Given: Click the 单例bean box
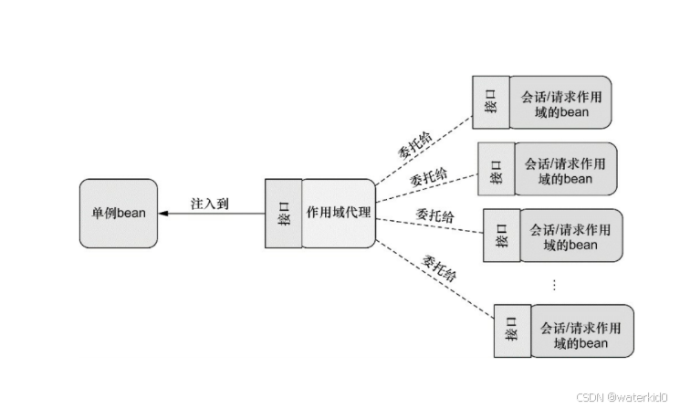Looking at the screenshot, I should click(118, 213).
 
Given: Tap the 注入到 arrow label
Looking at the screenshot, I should click(210, 203).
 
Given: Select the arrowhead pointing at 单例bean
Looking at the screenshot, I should click(163, 213).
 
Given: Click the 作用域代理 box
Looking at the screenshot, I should click(339, 213).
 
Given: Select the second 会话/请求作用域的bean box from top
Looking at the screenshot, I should click(565, 170).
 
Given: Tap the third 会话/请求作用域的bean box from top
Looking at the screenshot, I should click(570, 236).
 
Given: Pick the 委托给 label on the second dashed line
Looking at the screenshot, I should click(428, 175).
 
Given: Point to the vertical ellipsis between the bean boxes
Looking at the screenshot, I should click(553, 284).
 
